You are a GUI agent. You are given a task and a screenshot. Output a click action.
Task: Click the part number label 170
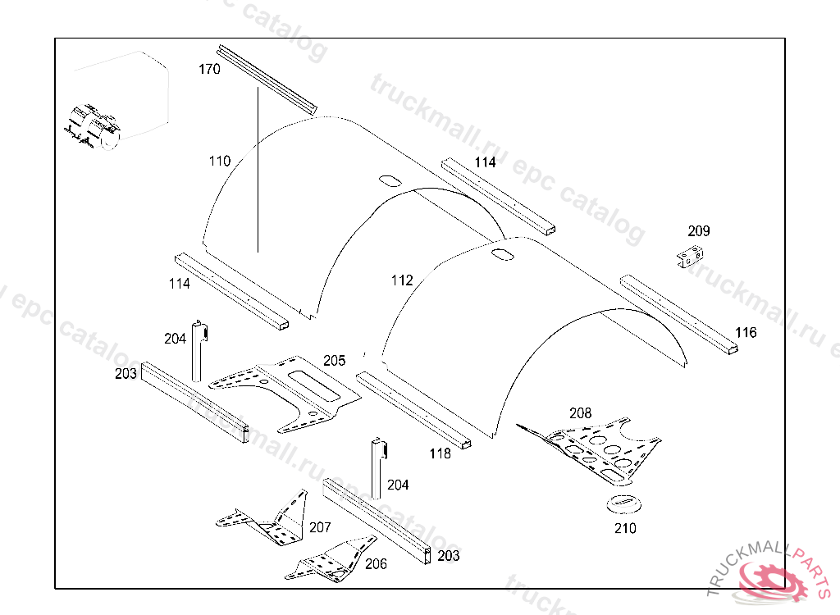point(209,70)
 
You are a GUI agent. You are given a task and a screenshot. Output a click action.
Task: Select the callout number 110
point(220,162)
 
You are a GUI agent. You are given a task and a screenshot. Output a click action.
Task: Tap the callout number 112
point(402,280)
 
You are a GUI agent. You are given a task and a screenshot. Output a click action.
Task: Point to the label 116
point(746,333)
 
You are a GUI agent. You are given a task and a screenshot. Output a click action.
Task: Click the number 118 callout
point(441,453)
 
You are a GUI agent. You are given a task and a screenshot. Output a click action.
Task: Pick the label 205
point(334,360)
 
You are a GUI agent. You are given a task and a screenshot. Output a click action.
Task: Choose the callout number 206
point(376,564)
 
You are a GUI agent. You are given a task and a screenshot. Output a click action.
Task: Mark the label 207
point(320,527)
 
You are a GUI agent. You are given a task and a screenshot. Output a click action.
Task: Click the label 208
point(580,413)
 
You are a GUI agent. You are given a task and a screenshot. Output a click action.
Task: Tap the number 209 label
point(699,231)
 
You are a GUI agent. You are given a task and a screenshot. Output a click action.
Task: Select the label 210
point(625,529)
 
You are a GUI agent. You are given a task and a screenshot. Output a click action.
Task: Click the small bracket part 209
point(689,257)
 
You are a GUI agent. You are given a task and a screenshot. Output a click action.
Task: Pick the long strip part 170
point(266,79)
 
